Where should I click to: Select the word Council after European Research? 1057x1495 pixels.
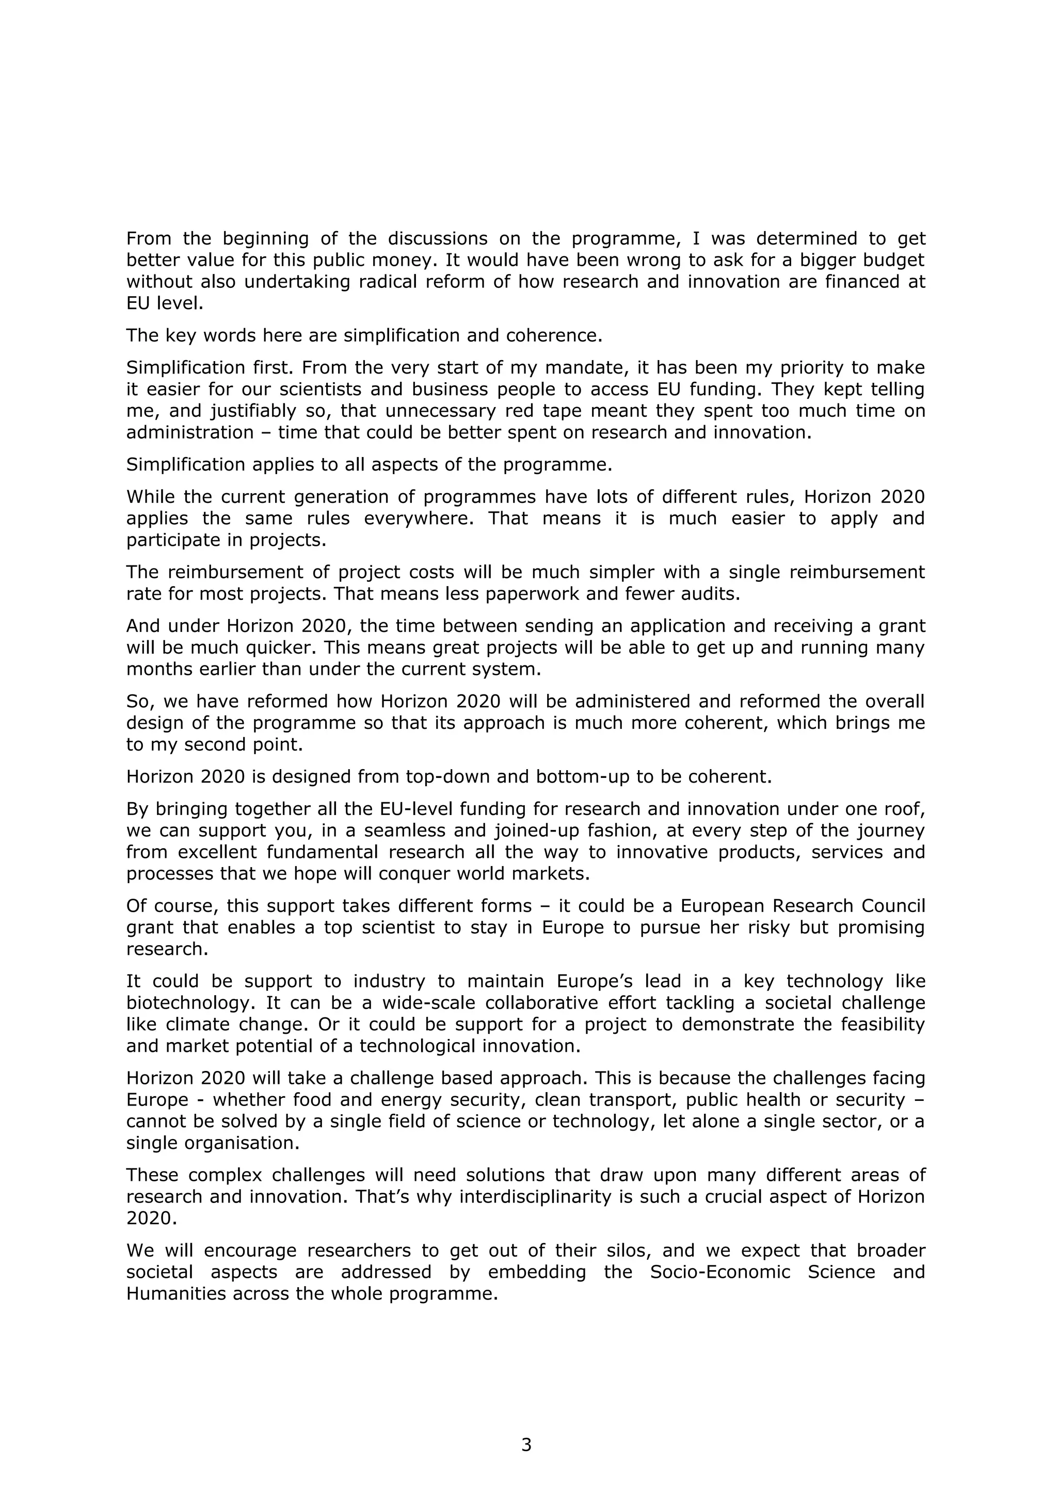[893, 906]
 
